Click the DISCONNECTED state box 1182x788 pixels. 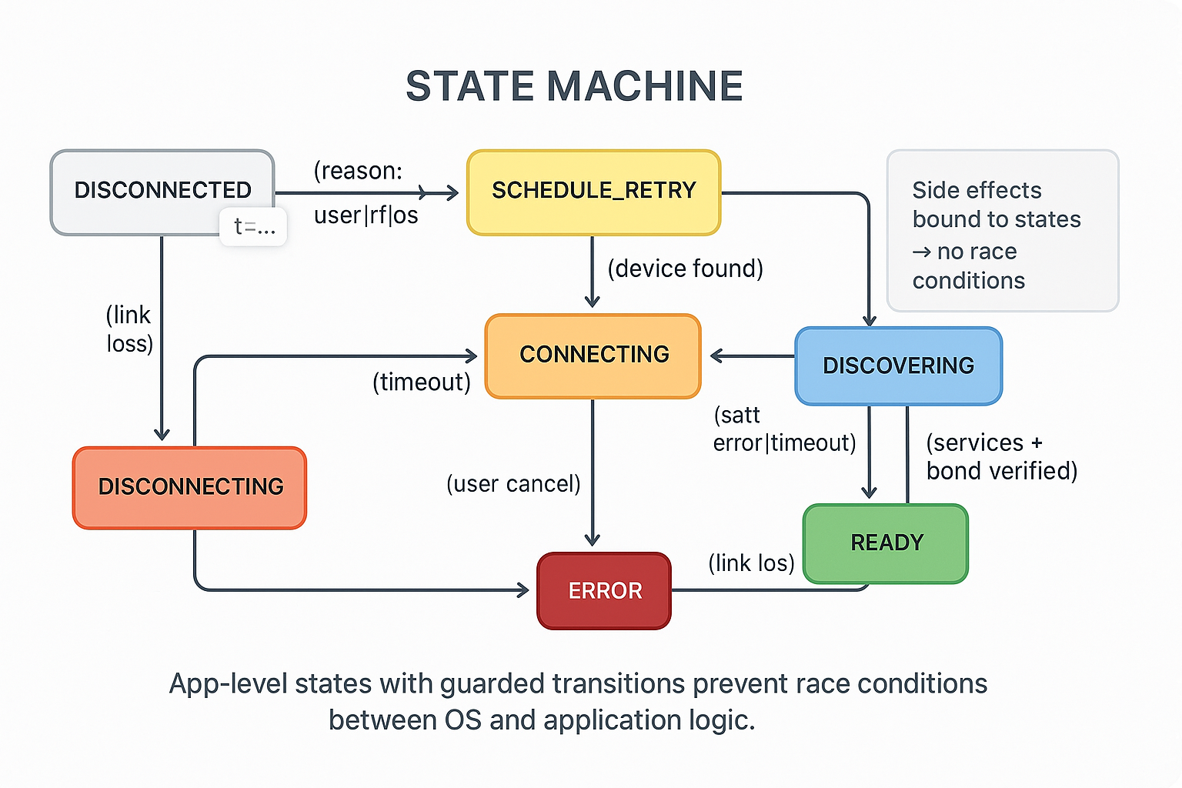pyautogui.click(x=162, y=190)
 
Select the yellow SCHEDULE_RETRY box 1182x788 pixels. pyautogui.click(x=593, y=191)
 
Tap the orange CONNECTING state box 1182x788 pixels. pyautogui.click(x=593, y=355)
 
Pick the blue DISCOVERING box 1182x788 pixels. pyautogui.click(x=898, y=366)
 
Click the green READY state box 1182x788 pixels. pyautogui.click(x=886, y=543)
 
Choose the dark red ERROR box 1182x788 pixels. pyautogui.click(x=604, y=591)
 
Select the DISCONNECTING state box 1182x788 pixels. pyautogui.click(x=190, y=486)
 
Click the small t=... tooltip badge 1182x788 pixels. pyautogui.click(x=254, y=226)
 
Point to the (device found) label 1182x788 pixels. pyautogui.click(x=685, y=269)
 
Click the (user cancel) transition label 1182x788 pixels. pyautogui.click(x=513, y=484)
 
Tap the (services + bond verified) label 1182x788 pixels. pyautogui.click(x=1001, y=457)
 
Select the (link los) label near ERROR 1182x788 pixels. pyautogui.click(x=751, y=563)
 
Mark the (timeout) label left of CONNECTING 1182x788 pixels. pyautogui.click(x=421, y=382)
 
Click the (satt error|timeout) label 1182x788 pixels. pyautogui.click(x=784, y=429)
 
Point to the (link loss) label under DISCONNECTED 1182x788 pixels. pyautogui.click(x=129, y=329)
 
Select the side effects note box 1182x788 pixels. pyautogui.click(x=1002, y=231)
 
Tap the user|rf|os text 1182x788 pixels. pyautogui.click(x=366, y=215)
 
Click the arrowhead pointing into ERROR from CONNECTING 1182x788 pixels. pyautogui.click(x=593, y=539)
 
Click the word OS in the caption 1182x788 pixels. pyautogui.click(x=462, y=720)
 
